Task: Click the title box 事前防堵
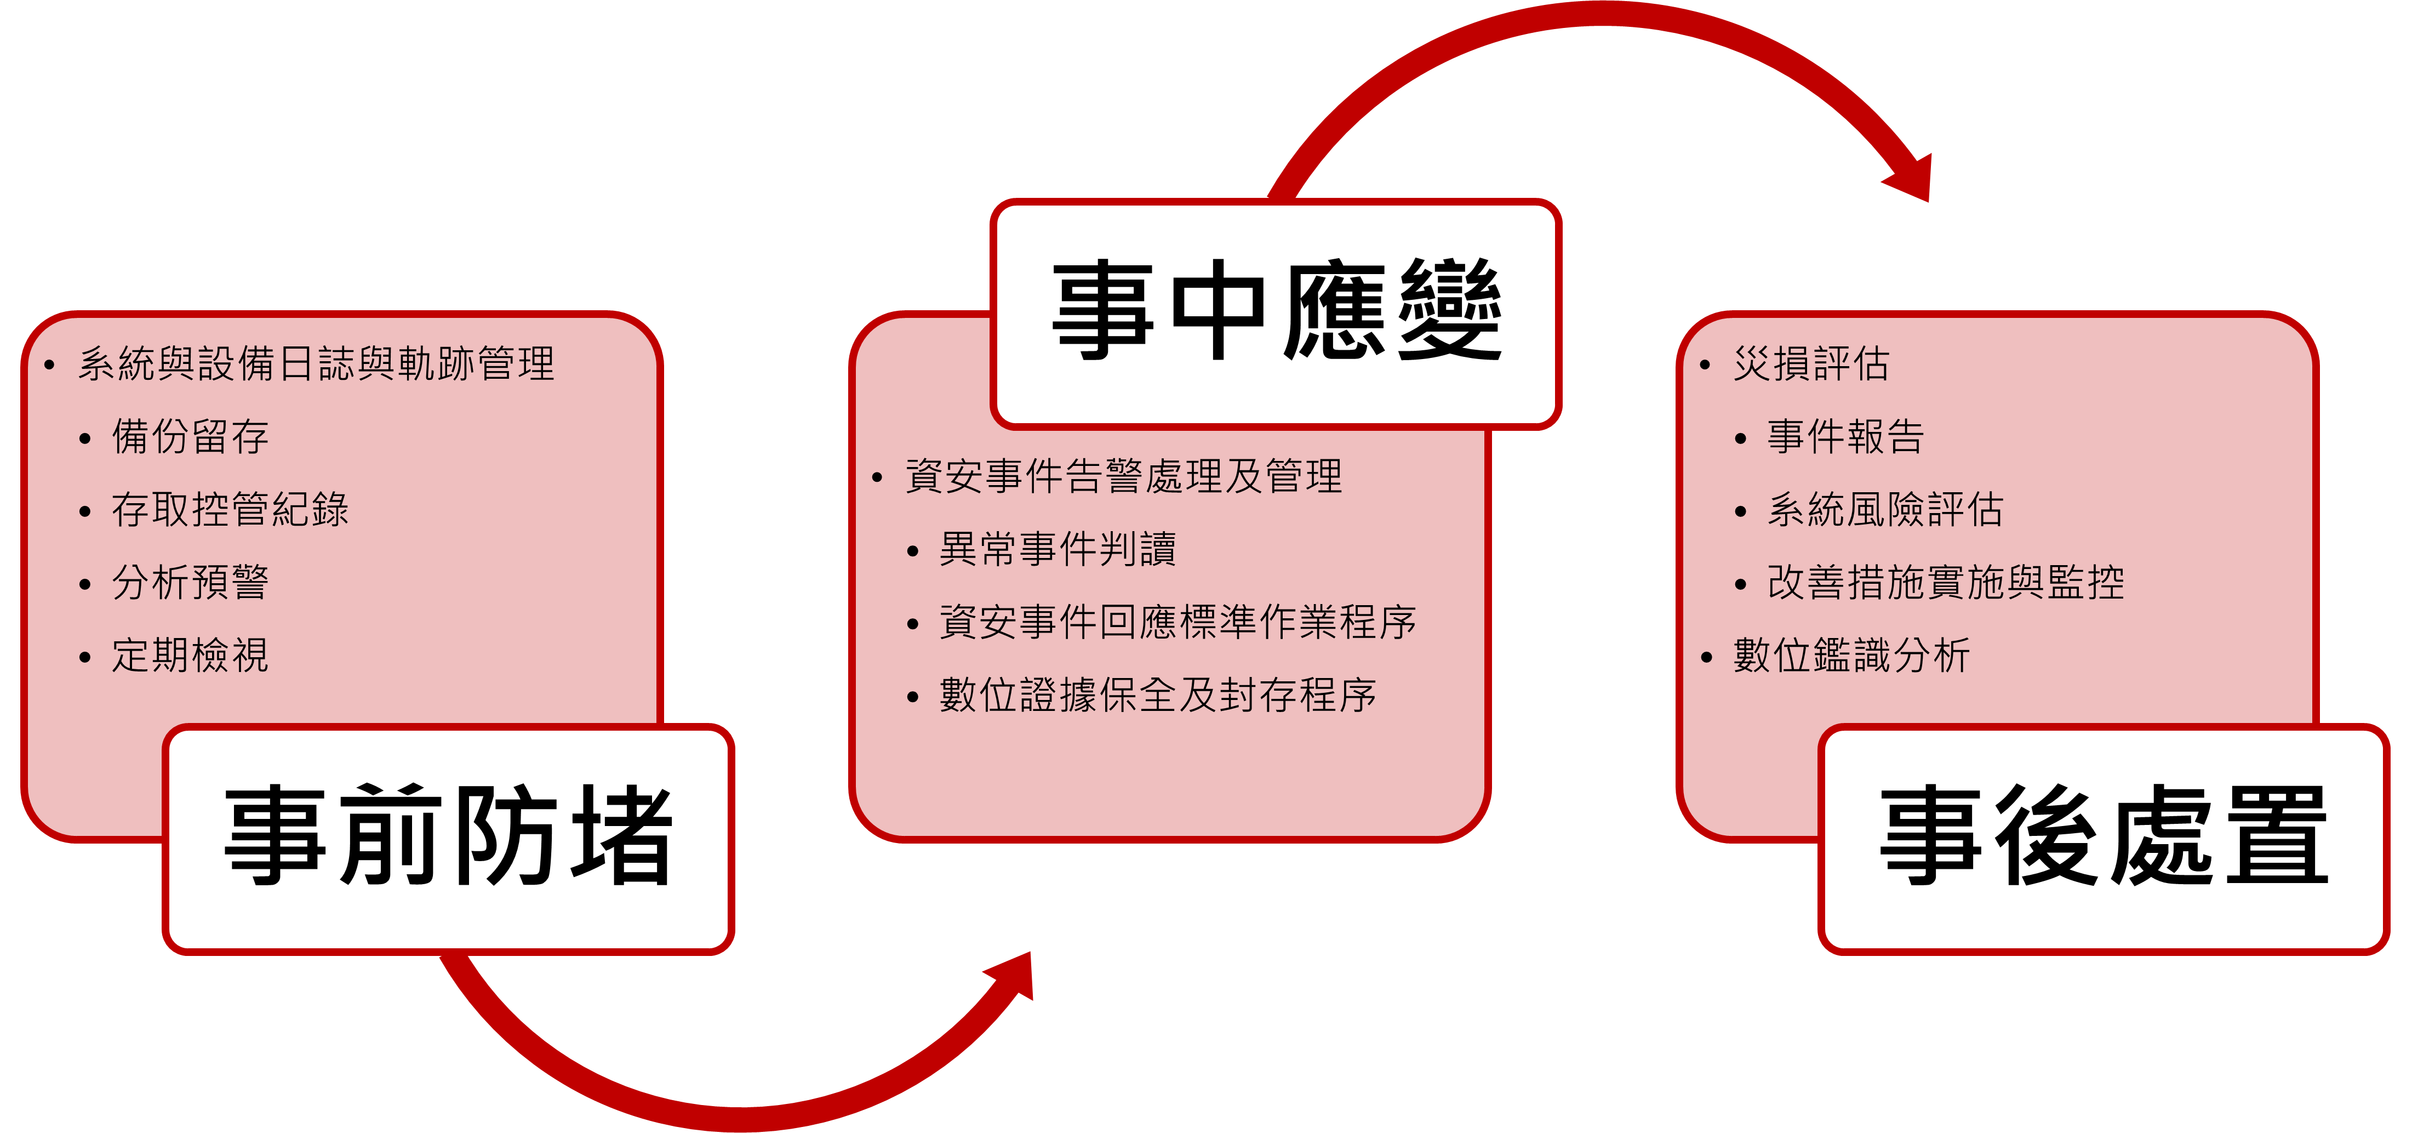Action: point(448,839)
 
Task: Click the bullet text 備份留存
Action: point(190,437)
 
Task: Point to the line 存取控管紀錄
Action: point(230,510)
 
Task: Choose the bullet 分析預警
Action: point(190,583)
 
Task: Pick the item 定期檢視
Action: point(190,656)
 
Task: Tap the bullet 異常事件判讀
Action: point(1058,549)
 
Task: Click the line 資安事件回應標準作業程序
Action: point(1178,622)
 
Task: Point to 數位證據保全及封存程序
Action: point(1158,695)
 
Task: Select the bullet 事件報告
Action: point(1846,437)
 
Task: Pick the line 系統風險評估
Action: point(1886,510)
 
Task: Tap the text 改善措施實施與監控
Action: point(1945,583)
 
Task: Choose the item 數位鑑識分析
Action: point(1852,656)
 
